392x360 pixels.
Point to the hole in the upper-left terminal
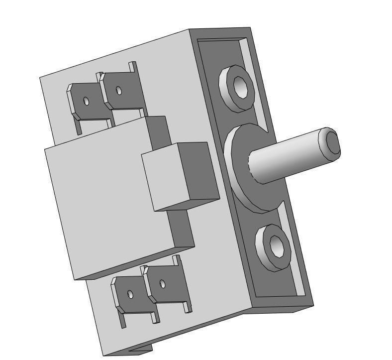[x=86, y=102]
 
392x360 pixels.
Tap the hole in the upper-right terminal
[x=118, y=91]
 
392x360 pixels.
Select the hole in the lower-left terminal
[x=130, y=294]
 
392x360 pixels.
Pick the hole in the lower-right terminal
[x=162, y=284]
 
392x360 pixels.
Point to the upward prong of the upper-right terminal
[x=133, y=67]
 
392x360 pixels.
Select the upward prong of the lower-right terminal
[x=177, y=261]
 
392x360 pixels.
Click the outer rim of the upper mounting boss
[x=230, y=97]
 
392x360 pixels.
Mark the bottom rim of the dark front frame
[x=284, y=301]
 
